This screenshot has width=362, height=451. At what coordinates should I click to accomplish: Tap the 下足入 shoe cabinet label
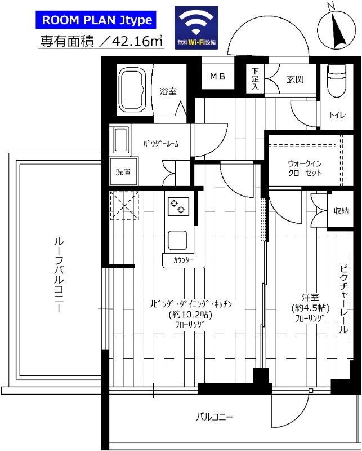(x=255, y=79)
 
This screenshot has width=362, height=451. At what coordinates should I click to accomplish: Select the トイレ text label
(x=337, y=116)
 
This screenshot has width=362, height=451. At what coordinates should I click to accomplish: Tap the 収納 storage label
(x=341, y=211)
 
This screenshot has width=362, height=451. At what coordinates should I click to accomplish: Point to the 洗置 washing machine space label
(x=123, y=173)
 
